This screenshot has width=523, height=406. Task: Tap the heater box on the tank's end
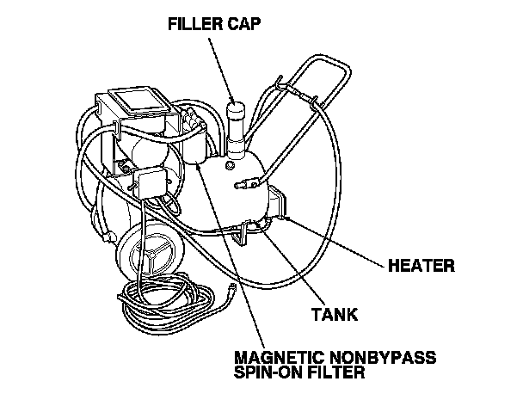tap(274, 205)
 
